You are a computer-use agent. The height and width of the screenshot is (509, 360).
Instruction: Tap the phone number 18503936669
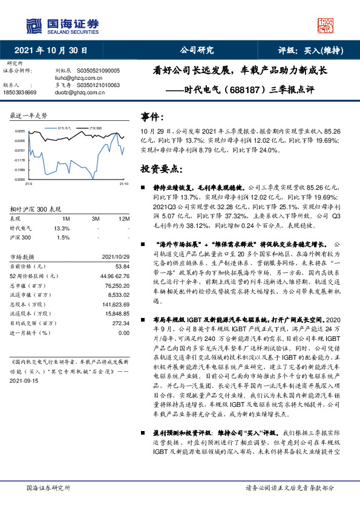(x=20, y=92)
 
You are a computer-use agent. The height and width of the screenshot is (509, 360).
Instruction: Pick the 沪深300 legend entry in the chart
(x=95, y=128)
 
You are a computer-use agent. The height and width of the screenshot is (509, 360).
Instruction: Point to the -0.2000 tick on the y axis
(x=19, y=180)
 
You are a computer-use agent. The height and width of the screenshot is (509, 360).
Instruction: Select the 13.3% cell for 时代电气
(x=62, y=228)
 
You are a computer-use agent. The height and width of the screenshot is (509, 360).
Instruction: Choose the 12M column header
(x=124, y=218)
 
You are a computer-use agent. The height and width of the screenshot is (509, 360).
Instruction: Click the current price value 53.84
(x=123, y=266)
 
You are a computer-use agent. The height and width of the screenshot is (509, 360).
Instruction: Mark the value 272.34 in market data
(x=121, y=323)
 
